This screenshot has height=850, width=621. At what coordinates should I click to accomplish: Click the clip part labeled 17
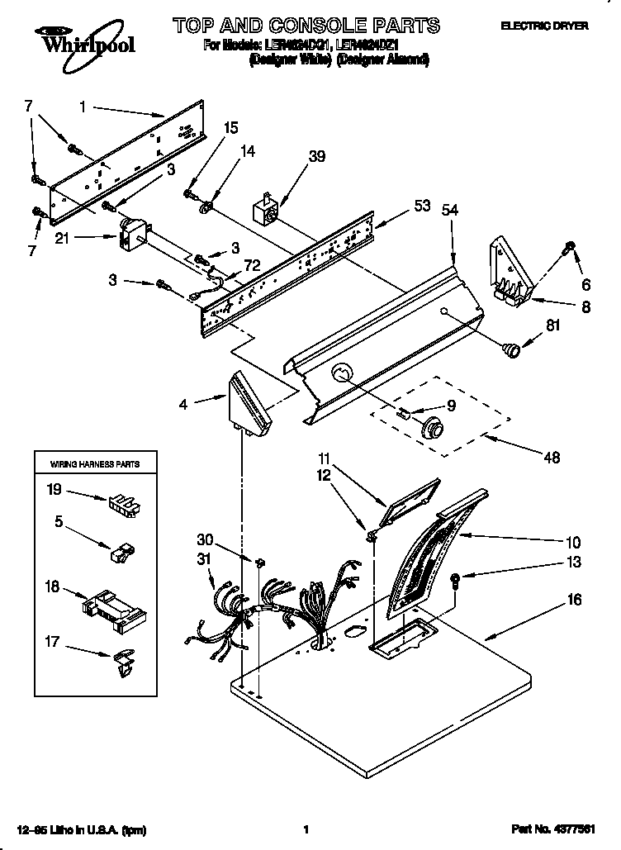coord(122,664)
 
